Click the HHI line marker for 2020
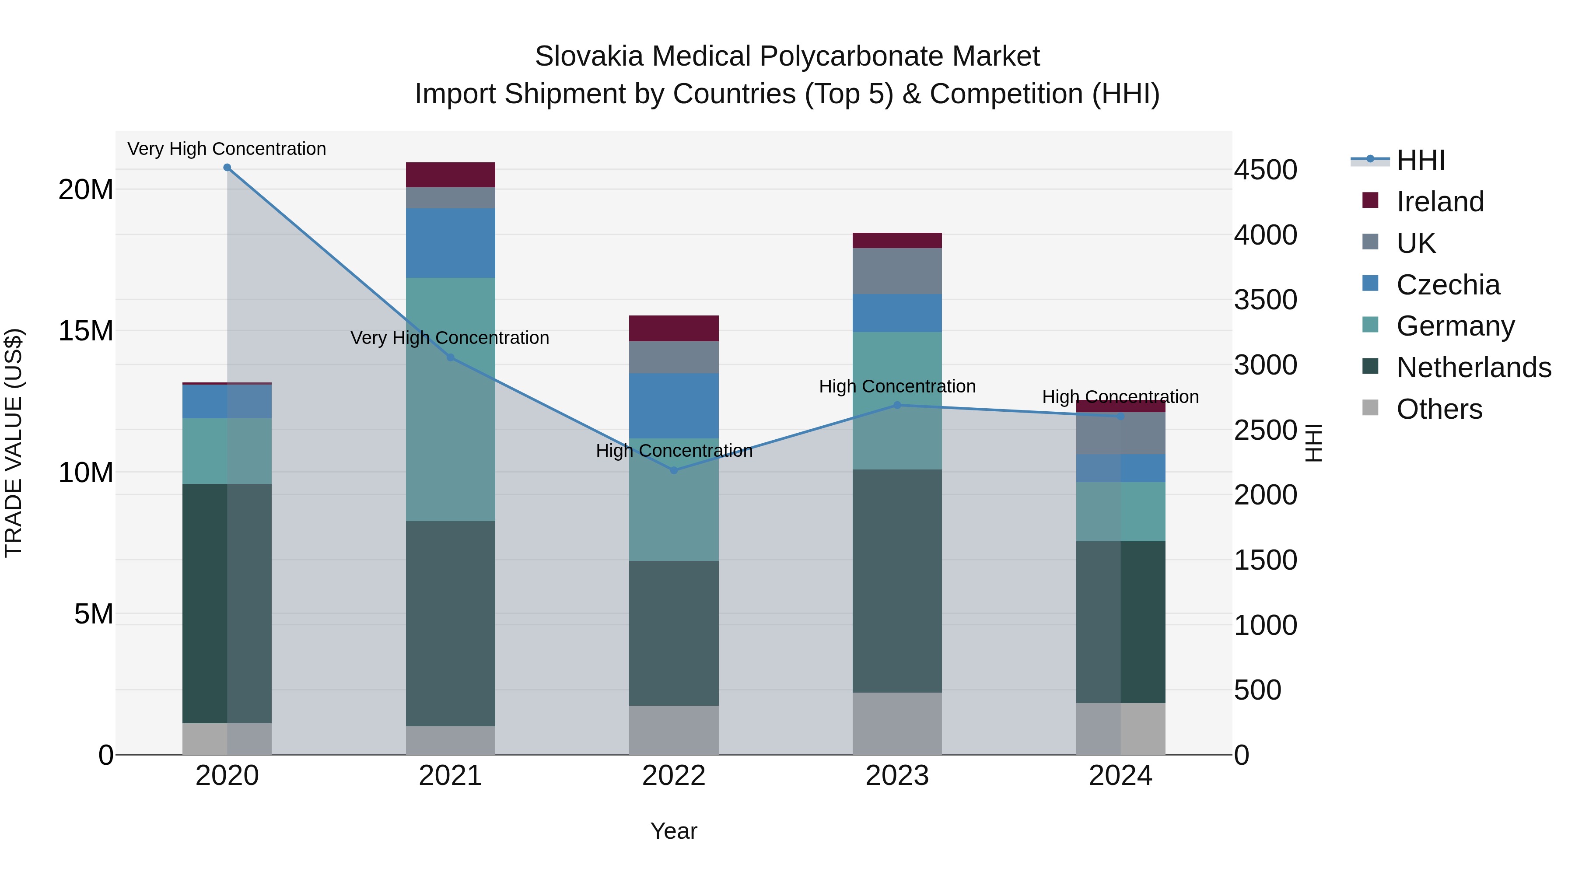227,168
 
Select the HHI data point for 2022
674,470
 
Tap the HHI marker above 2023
897,405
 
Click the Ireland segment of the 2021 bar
450,175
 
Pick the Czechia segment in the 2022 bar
674,406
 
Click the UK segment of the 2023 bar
897,271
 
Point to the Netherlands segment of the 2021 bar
450,623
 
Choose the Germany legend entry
1455,326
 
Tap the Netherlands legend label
1473,368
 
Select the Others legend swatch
1370,408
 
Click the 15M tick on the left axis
86,331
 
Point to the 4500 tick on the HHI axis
1265,170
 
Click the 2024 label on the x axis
1120,776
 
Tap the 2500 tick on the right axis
1265,430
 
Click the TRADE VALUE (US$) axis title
14,443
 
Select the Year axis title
674,831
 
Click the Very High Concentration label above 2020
227,149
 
